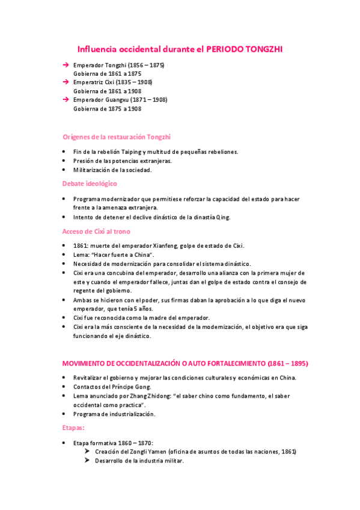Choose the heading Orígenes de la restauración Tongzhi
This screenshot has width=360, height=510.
click(120, 137)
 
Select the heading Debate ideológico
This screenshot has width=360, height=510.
click(90, 183)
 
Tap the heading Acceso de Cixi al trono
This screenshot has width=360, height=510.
click(96, 231)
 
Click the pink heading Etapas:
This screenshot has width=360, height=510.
click(74, 428)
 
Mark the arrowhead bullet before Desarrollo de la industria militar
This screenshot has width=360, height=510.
click(87, 461)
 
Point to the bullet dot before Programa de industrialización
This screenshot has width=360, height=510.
click(65, 414)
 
